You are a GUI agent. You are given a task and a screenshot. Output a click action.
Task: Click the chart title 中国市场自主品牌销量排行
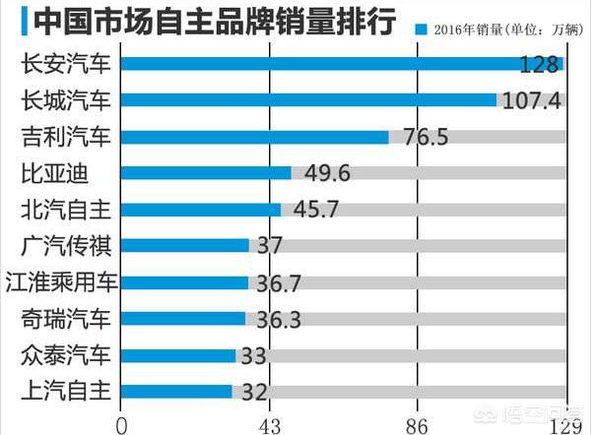201,21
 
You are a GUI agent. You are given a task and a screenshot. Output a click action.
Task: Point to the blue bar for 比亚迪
206,173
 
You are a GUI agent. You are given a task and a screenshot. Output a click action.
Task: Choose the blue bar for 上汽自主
176,391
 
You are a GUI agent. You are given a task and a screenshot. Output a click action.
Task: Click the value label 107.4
532,100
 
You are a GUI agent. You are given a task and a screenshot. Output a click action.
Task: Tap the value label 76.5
420,137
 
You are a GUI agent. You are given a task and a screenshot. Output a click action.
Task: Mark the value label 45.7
313,210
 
